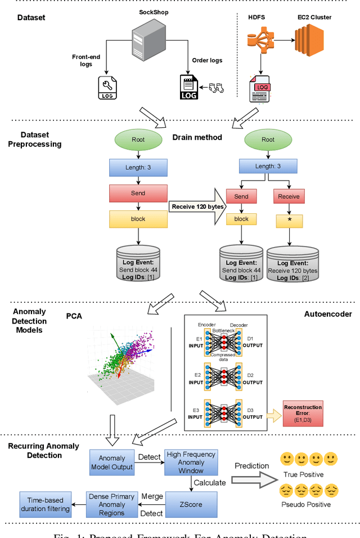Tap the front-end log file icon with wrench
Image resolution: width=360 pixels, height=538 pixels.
(x=108, y=87)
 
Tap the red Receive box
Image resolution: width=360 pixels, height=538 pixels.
(x=289, y=197)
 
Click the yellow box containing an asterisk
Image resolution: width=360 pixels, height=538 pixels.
(x=289, y=219)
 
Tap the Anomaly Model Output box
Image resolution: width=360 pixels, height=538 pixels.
(x=112, y=463)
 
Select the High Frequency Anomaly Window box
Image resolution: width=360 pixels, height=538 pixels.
(x=191, y=462)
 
